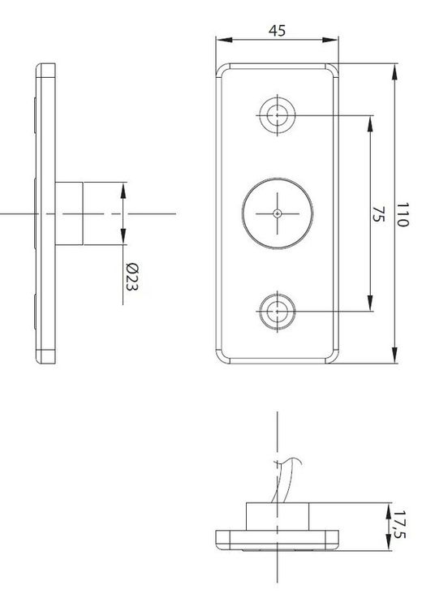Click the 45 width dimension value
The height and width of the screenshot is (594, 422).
pyautogui.click(x=277, y=30)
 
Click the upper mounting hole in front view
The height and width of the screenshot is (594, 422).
pyautogui.click(x=277, y=115)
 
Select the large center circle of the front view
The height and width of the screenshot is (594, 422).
pyautogui.click(x=277, y=213)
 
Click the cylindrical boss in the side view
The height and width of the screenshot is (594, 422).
pyautogui.click(x=71, y=213)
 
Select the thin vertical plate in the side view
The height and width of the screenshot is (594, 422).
pyautogui.click(x=47, y=213)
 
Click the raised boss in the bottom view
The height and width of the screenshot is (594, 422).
pyautogui.click(x=278, y=516)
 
